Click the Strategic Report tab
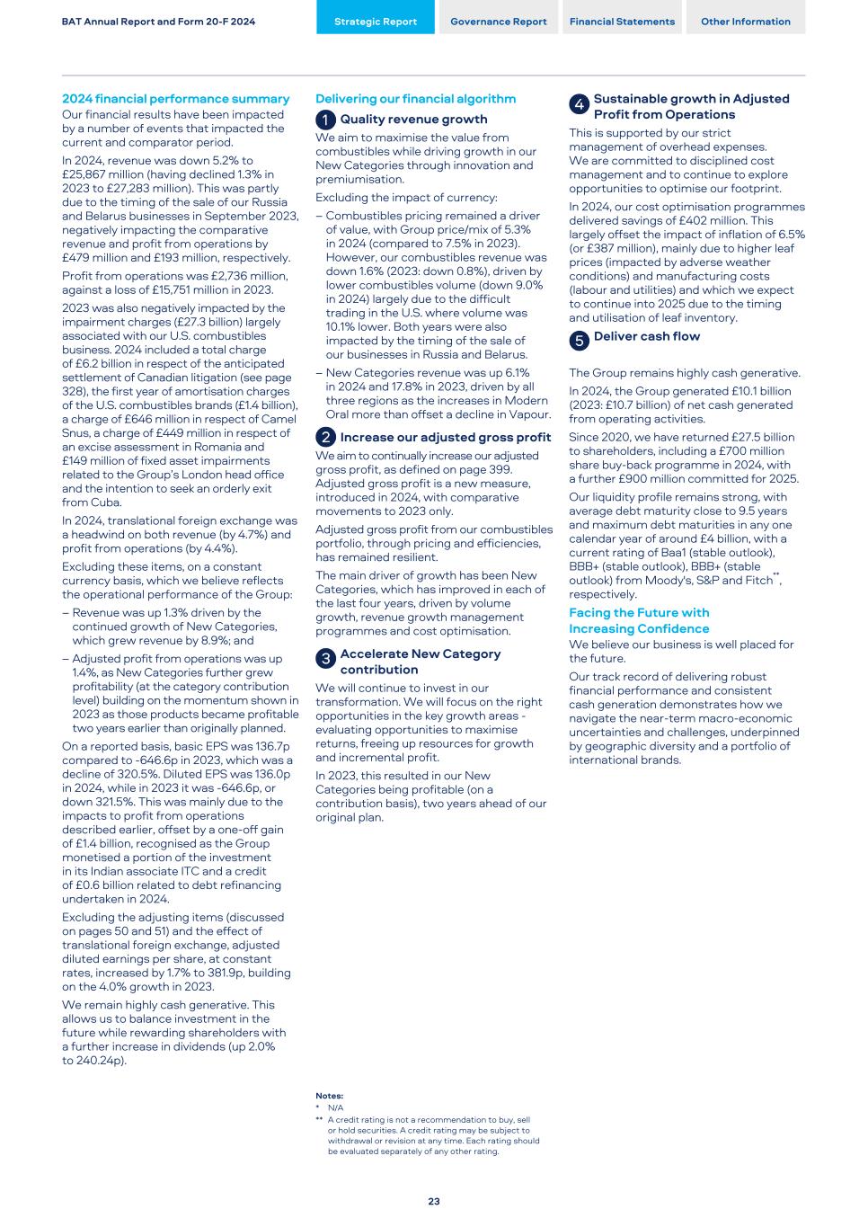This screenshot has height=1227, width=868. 375,22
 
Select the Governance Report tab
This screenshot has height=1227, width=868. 498,22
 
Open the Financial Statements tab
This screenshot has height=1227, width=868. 622,22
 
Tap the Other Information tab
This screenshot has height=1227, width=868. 745,22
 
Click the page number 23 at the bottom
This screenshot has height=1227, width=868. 434,1201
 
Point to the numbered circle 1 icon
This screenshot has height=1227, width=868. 325,120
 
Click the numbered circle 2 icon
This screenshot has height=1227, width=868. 325,438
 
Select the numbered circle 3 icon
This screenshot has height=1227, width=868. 325,659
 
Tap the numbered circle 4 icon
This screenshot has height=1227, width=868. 579,104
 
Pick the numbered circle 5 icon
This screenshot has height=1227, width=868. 579,340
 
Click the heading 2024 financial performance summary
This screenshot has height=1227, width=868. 175,99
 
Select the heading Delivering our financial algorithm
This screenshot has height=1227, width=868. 415,99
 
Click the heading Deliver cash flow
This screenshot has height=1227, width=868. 646,336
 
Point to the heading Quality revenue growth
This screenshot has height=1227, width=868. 413,120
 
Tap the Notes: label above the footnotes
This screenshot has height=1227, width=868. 329,1096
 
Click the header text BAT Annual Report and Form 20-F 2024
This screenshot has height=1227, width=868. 158,22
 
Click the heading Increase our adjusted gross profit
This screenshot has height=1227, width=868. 445,438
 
